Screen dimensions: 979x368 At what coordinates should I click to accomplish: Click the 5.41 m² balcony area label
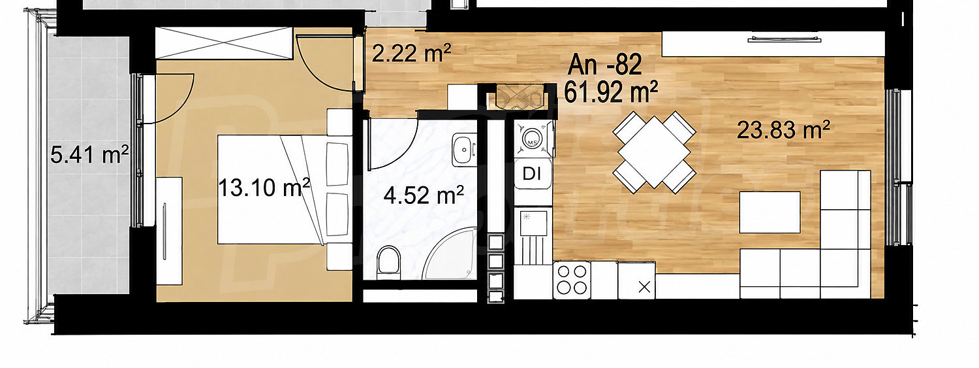tap(89, 155)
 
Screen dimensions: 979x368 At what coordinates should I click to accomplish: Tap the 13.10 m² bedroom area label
tap(264, 188)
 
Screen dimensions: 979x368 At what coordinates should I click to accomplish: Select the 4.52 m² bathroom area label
tap(424, 195)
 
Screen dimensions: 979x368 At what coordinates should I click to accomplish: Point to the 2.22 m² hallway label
tap(411, 54)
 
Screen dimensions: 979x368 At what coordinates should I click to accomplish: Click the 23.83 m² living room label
tap(783, 130)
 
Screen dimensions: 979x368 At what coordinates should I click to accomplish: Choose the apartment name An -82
tap(605, 65)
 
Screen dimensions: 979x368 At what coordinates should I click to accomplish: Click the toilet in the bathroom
tap(388, 263)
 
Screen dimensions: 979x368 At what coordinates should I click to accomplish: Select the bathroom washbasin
tap(463, 150)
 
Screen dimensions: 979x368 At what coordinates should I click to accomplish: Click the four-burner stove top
tap(572, 280)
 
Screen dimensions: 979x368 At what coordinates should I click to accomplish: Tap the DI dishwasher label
tap(531, 174)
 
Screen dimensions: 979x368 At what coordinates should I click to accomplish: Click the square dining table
tap(654, 150)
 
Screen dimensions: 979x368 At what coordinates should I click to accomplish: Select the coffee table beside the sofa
tap(769, 212)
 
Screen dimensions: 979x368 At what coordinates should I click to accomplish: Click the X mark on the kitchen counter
tap(644, 288)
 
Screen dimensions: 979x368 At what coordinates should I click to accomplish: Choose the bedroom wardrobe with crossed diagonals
tap(223, 43)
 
